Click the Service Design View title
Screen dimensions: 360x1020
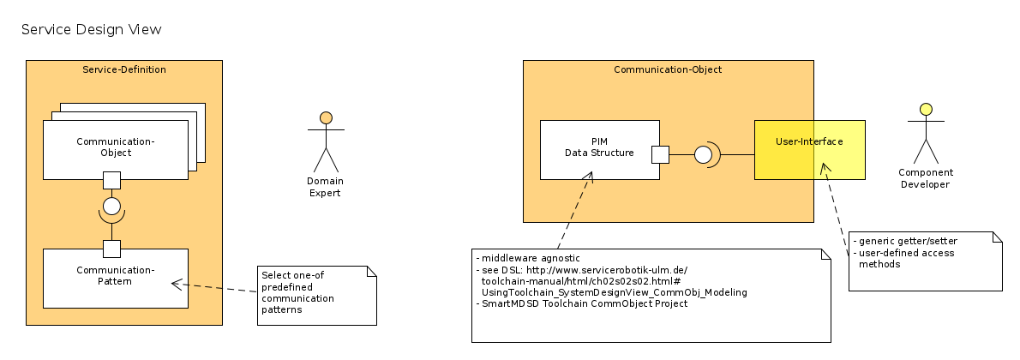(91, 30)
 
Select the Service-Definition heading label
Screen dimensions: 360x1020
(124, 69)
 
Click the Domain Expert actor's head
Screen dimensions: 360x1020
(326, 117)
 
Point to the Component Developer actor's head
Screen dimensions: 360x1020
(926, 109)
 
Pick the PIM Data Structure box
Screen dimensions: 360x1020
(599, 149)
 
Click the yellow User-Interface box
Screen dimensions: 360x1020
(809, 149)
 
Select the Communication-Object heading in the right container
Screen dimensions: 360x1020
(668, 69)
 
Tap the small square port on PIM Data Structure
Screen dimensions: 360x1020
(660, 154)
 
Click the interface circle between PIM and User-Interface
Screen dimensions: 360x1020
(703, 154)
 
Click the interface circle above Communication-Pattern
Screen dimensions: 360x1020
(111, 206)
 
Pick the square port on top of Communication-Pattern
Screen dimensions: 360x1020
(111, 249)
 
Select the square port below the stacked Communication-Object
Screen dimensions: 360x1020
(111, 180)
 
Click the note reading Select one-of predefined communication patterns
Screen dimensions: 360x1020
(316, 296)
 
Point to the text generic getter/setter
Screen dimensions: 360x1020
(907, 241)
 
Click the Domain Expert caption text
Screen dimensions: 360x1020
(325, 187)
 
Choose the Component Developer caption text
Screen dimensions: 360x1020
(926, 178)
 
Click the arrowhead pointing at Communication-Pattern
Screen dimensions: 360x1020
(175, 283)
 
